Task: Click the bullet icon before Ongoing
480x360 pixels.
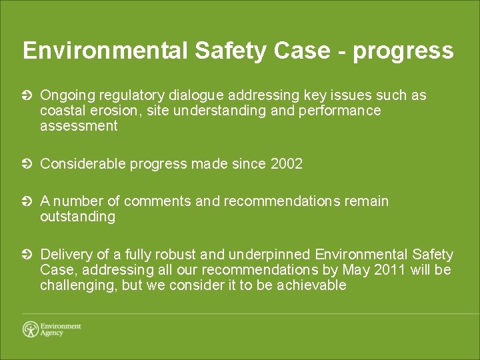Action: click(x=27, y=96)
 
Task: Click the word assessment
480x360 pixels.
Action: click(x=79, y=126)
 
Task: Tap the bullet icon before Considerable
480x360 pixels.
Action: click(x=27, y=164)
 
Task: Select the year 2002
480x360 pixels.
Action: click(x=287, y=163)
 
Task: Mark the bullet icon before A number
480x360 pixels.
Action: click(x=27, y=201)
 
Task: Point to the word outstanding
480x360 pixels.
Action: click(x=77, y=217)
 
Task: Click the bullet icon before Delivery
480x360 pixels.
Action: click(x=27, y=255)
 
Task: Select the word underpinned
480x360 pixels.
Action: click(x=269, y=255)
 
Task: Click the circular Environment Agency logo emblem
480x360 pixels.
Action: click(x=31, y=329)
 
